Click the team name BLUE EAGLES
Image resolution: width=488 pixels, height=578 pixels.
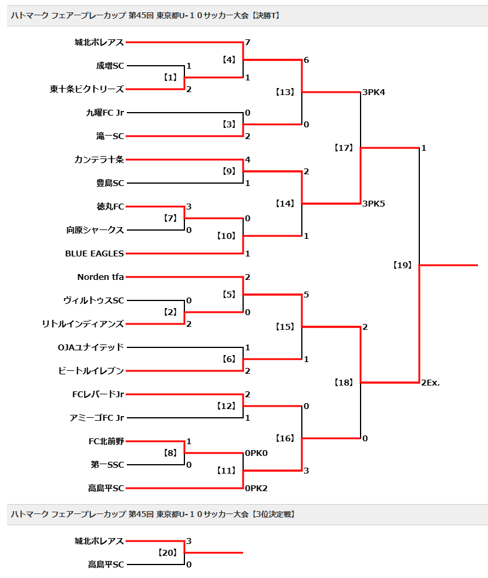pyautogui.click(x=95, y=253)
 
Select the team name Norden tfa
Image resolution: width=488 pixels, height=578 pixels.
pyautogui.click(x=100, y=277)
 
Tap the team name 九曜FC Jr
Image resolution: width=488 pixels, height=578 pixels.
pyautogui.click(x=105, y=113)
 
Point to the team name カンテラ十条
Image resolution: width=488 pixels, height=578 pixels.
pyautogui.click(x=99, y=160)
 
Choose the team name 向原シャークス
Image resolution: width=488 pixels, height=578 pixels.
pyautogui.click(x=95, y=230)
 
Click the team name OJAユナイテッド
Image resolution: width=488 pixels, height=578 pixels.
pyautogui.click(x=91, y=347)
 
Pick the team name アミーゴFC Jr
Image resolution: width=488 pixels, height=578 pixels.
pyautogui.click(x=97, y=418)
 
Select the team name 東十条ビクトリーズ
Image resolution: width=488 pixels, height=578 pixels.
pyautogui.click(x=87, y=89)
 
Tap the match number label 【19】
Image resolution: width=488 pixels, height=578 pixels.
pyautogui.click(x=402, y=265)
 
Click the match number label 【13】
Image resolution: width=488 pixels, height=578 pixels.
pyautogui.click(x=285, y=92)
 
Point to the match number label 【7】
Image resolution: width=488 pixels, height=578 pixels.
pyautogui.click(x=170, y=218)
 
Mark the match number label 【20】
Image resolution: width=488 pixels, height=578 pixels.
pyautogui.click(x=167, y=553)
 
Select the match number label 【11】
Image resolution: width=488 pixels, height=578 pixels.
pyautogui.click(x=226, y=471)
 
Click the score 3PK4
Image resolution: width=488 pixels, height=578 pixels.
pyautogui.click(x=373, y=92)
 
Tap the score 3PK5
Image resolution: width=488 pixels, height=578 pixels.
pyautogui.click(x=373, y=204)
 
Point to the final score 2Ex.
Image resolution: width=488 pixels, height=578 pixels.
pyautogui.click(x=430, y=383)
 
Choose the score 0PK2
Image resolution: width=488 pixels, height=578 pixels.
pyautogui.click(x=256, y=488)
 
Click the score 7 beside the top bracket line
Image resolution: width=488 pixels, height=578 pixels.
pyautogui.click(x=247, y=42)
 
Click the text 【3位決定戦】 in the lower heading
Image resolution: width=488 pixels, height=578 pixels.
pyautogui.click(x=273, y=514)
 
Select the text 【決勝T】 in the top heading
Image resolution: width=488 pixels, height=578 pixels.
pyautogui.click(x=265, y=15)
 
